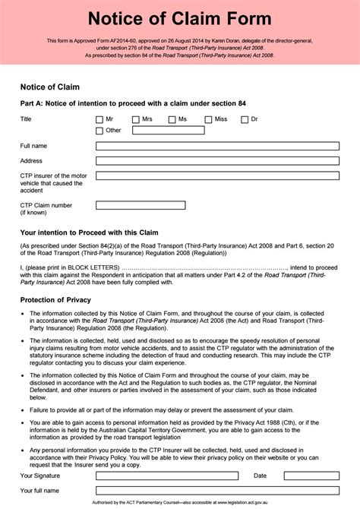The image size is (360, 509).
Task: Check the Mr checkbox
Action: coord(99,119)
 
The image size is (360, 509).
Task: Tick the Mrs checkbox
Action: coord(136,119)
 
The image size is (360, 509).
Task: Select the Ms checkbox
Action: coord(172,119)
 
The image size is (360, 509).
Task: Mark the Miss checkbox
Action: coord(209,119)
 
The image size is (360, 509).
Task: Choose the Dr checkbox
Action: coord(245,119)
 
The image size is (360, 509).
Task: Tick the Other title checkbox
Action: coord(99,131)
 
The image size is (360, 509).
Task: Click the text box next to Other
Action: coord(168,130)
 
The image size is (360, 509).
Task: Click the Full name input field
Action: coord(217,146)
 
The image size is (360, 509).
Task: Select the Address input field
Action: coord(217,161)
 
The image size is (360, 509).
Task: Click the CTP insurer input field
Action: coord(217,175)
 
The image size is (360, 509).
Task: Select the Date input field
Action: coord(312,475)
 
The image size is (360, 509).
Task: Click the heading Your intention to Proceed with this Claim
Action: coord(89,232)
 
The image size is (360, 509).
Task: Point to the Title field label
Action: coord(26,119)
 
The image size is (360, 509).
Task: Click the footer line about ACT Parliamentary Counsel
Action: coord(179,502)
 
